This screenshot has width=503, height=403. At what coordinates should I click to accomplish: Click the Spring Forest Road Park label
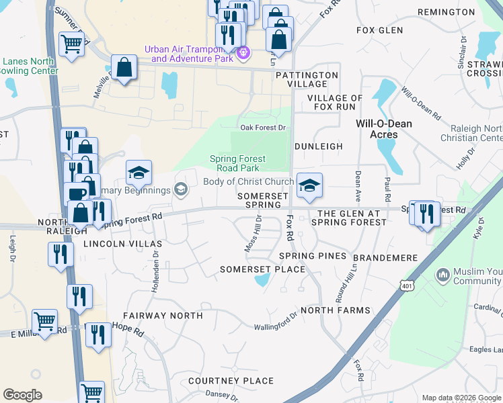pyautogui.click(x=238, y=163)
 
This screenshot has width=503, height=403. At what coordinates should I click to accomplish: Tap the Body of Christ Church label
pyautogui.click(x=249, y=182)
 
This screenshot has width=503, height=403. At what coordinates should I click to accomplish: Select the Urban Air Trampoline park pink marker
pyautogui.click(x=243, y=52)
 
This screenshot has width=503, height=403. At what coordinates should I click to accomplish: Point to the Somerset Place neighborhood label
pyautogui.click(x=263, y=269)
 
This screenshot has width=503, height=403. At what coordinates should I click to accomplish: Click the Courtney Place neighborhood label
pyautogui.click(x=231, y=381)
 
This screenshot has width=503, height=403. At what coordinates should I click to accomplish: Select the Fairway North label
pyautogui.click(x=163, y=315)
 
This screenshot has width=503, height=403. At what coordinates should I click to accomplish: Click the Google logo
pyautogui.click(x=22, y=395)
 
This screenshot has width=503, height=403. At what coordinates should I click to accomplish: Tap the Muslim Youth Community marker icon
pyautogui.click(x=443, y=274)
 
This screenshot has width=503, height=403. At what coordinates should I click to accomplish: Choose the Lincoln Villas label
pyautogui.click(x=122, y=244)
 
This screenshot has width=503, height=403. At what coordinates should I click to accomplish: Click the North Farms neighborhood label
pyautogui.click(x=336, y=310)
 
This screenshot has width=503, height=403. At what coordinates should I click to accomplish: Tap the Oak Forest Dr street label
pyautogui.click(x=264, y=128)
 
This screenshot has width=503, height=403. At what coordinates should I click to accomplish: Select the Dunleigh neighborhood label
pyautogui.click(x=319, y=146)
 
